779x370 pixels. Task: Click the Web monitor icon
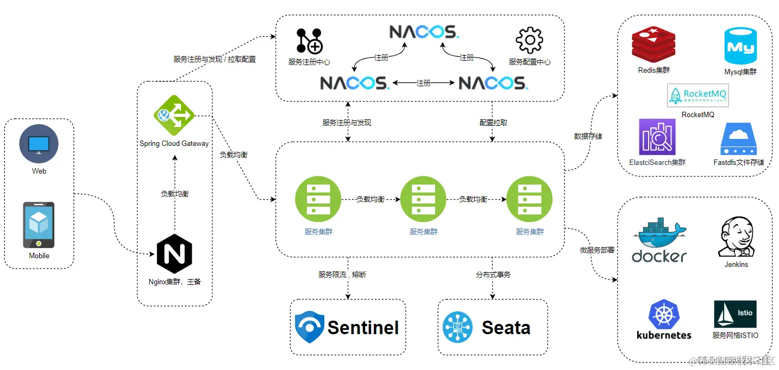click(x=39, y=144)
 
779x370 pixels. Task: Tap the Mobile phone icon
click(x=39, y=225)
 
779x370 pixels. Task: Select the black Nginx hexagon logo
click(x=174, y=254)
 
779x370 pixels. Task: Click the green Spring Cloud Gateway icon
click(x=174, y=115)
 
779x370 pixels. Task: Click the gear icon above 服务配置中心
click(x=529, y=41)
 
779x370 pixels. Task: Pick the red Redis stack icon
click(x=653, y=45)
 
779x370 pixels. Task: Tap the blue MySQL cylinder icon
click(x=740, y=47)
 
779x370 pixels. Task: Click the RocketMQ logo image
click(x=698, y=96)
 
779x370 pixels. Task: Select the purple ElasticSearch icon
click(x=657, y=137)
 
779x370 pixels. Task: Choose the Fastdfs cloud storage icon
click(x=738, y=139)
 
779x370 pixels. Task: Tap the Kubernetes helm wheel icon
click(x=664, y=315)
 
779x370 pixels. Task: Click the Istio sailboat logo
click(x=736, y=314)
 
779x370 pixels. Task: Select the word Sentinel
click(x=363, y=328)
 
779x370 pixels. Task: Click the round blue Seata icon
click(x=457, y=327)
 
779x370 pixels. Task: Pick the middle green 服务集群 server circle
click(x=423, y=200)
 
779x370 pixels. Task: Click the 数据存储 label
click(x=588, y=136)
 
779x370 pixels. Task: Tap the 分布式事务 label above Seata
click(x=493, y=275)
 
